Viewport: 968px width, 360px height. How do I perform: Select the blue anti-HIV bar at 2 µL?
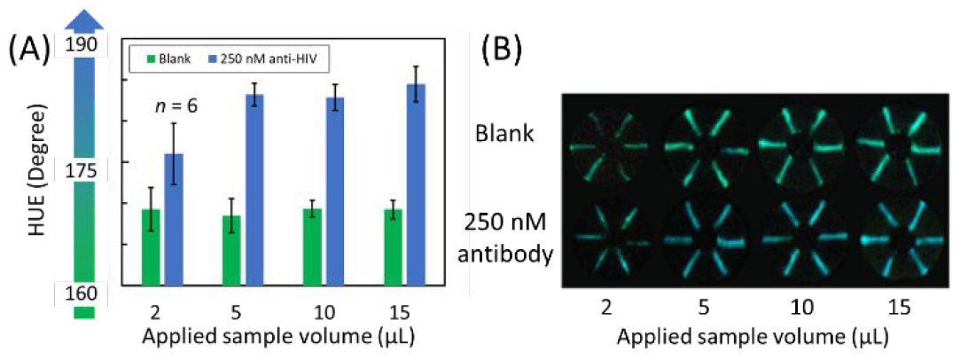click(x=175, y=219)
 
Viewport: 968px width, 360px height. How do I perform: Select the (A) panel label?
click(x=30, y=50)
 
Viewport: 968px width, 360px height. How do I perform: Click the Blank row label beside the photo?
click(x=504, y=134)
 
